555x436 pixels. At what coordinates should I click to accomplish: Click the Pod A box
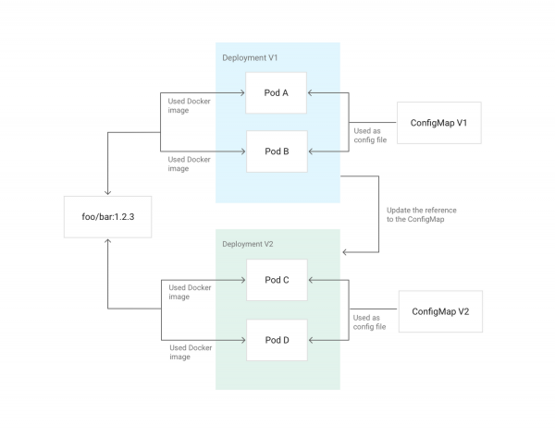point(276,92)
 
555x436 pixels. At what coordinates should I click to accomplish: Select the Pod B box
point(276,151)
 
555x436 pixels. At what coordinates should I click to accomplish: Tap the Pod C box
point(276,280)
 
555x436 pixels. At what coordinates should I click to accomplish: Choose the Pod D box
point(276,339)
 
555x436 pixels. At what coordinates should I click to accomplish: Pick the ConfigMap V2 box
point(440,311)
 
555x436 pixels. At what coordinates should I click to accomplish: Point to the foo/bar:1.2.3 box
point(108,217)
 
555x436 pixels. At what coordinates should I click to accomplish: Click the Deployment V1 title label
point(251,58)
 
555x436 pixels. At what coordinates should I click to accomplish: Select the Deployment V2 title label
point(251,244)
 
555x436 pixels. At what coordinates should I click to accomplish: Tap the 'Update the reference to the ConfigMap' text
point(421,215)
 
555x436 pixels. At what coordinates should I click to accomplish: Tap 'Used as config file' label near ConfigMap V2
point(372,323)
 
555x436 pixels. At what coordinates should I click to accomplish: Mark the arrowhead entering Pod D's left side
point(241,340)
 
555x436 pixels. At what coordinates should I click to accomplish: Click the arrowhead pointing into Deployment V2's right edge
point(345,251)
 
